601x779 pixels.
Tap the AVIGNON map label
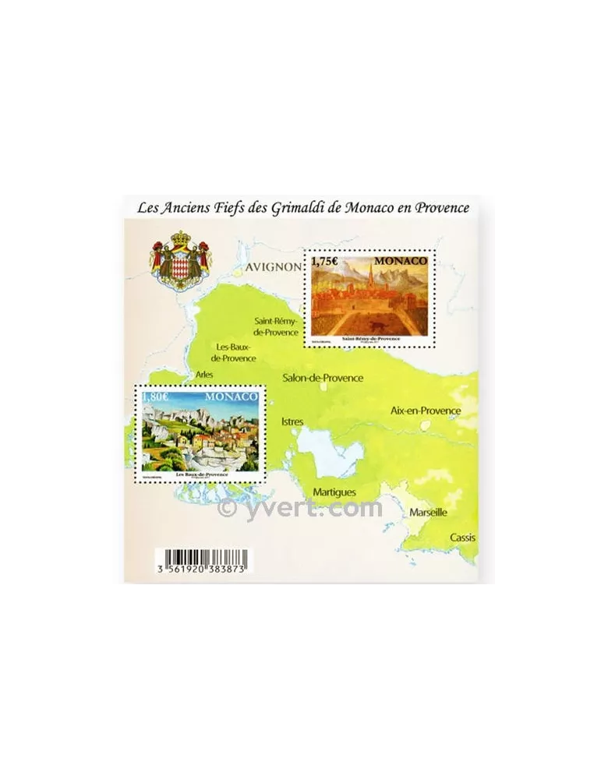click(x=272, y=266)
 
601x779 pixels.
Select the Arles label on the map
click(x=205, y=375)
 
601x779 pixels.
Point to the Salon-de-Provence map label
click(x=323, y=378)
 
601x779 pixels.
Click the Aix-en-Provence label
click(x=426, y=411)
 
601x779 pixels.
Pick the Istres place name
click(x=292, y=421)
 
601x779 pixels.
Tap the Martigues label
click(x=334, y=492)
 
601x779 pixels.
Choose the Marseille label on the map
click(x=428, y=513)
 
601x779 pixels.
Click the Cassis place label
click(x=461, y=538)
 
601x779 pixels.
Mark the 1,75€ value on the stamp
click(x=325, y=262)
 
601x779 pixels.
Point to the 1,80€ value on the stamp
click(x=155, y=397)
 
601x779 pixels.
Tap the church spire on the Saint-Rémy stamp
click(x=373, y=277)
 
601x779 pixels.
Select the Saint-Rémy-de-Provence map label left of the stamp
click(x=277, y=326)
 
